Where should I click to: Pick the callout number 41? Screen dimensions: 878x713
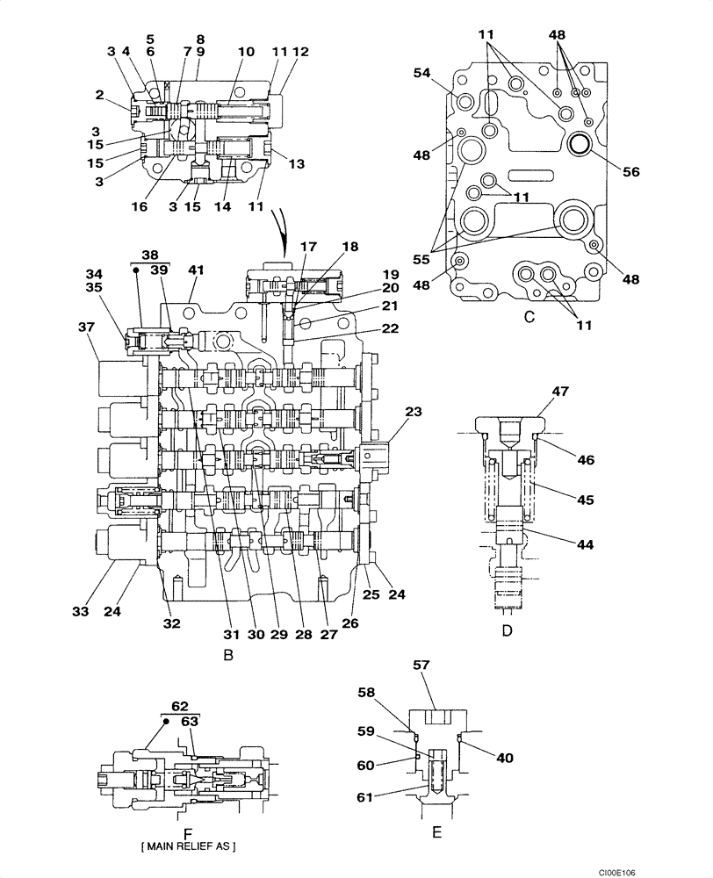point(195,270)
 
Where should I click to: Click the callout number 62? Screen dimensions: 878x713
point(180,705)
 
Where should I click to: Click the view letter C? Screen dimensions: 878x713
point(529,317)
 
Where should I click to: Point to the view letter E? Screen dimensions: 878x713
point(436,831)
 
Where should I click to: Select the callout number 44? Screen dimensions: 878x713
point(585,544)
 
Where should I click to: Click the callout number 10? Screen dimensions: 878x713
point(246,52)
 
